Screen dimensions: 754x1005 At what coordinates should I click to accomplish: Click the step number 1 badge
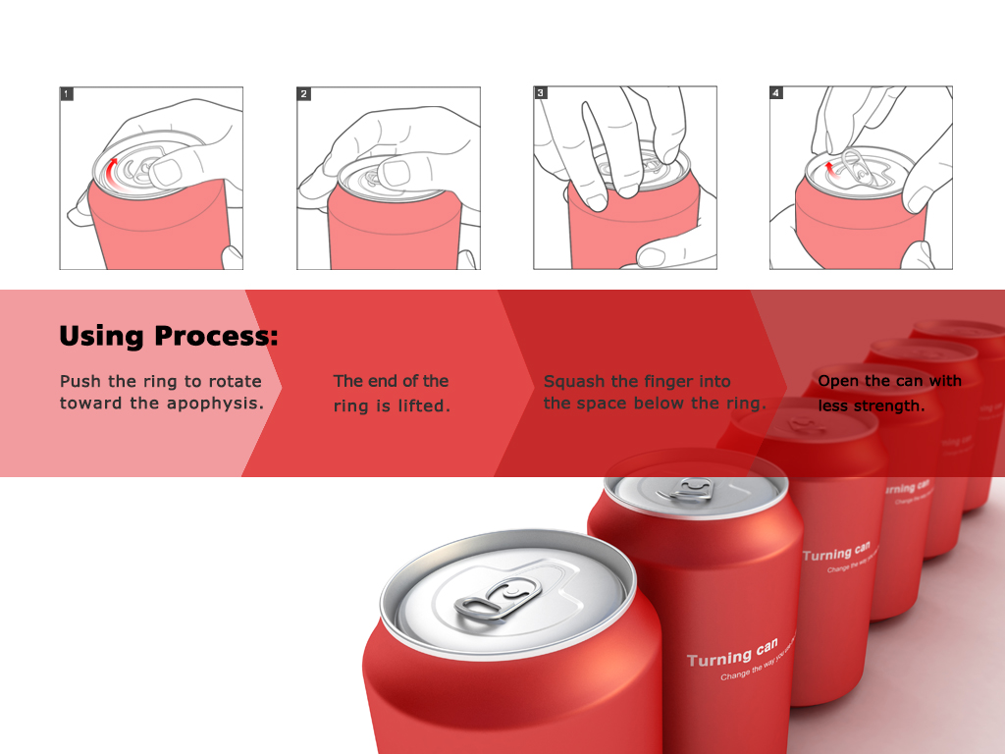[x=67, y=94]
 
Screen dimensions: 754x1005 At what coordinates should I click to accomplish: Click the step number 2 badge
[x=304, y=94]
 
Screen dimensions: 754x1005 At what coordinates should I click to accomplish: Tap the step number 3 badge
[x=541, y=94]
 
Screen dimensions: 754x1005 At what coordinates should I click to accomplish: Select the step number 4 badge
[x=776, y=94]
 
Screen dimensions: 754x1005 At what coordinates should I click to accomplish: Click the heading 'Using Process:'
[x=169, y=336]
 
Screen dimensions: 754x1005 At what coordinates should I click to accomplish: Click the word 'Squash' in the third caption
[x=573, y=382]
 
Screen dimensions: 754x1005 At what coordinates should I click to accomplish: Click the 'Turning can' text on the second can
[x=732, y=654]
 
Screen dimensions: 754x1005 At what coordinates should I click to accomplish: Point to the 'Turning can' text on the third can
[x=836, y=551]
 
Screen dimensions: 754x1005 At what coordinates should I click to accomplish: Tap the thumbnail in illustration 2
[x=397, y=173]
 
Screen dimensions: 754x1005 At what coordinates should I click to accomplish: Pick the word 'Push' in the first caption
[x=79, y=381]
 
